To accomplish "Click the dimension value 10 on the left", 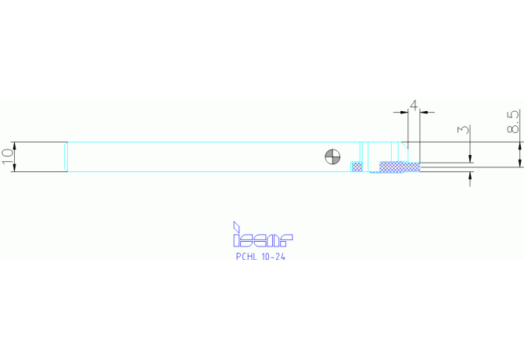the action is coord(8,156).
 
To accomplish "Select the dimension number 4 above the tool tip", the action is coord(414,106).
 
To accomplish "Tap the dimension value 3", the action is coord(463,129).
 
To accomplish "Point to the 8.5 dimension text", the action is coord(514,122).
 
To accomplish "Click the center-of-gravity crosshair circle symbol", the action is coord(333,157).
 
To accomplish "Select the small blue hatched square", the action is coord(357,167).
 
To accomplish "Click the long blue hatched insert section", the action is coord(400,167).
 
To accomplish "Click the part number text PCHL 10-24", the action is coord(260,257).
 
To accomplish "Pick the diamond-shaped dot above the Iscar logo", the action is coord(236,227).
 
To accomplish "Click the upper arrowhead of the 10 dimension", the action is coord(14,146).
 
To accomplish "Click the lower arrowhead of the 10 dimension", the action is coord(14,168).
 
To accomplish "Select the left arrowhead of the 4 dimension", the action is coord(404,113).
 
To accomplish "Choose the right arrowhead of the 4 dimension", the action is coord(424,113).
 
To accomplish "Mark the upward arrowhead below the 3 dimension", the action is coord(470,175).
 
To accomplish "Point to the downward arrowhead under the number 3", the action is coord(470,159).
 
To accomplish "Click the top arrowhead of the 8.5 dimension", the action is coord(519,146).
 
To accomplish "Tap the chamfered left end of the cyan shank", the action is coord(66,157).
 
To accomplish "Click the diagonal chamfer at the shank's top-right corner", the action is coord(404,146).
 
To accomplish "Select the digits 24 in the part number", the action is coord(281,257).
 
